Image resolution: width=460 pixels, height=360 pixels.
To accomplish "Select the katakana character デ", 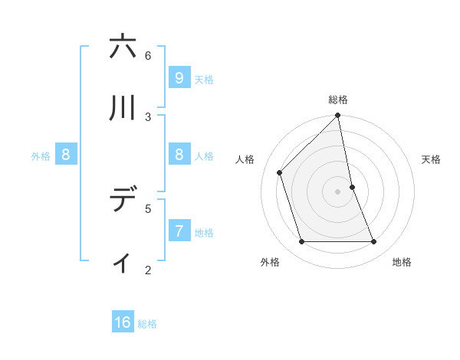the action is (x=123, y=200).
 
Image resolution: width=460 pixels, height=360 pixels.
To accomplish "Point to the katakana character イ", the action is (x=123, y=262).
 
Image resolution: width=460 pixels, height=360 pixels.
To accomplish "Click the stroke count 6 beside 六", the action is (x=148, y=55).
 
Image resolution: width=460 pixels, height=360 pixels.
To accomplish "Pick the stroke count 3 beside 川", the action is (x=148, y=116).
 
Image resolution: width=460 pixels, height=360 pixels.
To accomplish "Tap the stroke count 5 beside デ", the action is (x=148, y=208).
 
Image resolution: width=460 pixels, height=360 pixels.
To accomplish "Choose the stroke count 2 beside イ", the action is (x=148, y=270).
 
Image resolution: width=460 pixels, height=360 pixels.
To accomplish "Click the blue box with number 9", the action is (x=179, y=77).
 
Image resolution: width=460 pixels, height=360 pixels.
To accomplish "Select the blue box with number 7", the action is (x=179, y=231).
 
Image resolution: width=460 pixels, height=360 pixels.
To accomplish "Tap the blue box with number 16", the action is (x=123, y=322).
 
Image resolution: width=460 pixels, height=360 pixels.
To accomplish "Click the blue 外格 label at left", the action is (x=41, y=156).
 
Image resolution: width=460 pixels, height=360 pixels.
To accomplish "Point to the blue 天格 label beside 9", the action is (x=204, y=80).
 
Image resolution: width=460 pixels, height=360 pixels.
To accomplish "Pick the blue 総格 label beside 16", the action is (x=147, y=325).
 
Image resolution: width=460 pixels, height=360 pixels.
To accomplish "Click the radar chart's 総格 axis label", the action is (x=338, y=100).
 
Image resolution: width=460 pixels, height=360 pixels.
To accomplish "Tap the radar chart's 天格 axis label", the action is (x=432, y=159).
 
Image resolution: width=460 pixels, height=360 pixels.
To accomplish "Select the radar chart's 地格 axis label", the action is (x=402, y=262).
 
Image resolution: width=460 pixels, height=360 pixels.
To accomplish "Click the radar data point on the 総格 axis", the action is (x=338, y=116).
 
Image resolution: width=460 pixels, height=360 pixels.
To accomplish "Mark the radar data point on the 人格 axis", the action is (x=280, y=172).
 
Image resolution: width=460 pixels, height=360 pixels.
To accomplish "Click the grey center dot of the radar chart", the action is (x=338, y=191).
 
